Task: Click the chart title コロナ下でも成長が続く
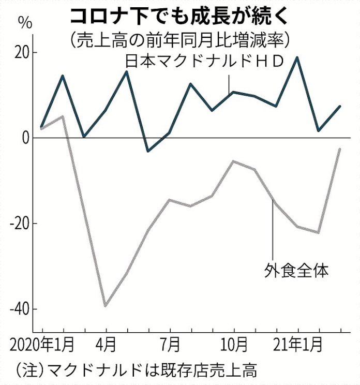click(x=180, y=17)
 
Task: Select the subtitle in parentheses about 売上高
click(x=180, y=39)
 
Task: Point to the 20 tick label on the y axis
click(x=21, y=53)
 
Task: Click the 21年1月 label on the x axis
click(x=298, y=344)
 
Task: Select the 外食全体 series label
click(x=296, y=270)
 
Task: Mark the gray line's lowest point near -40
click(x=106, y=306)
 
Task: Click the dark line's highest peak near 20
click(x=297, y=57)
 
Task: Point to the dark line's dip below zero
click(x=148, y=151)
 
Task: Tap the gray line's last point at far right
click(x=340, y=149)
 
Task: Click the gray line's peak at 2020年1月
click(x=63, y=116)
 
